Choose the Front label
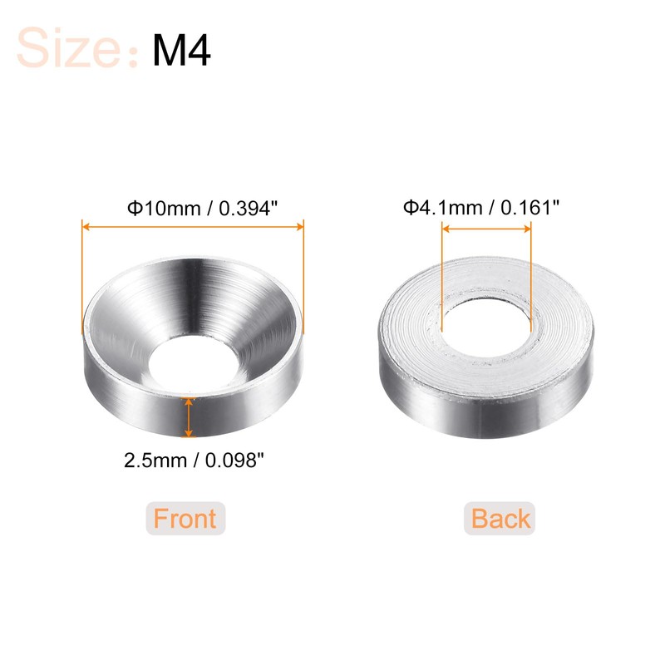(185, 519)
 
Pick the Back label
(500, 519)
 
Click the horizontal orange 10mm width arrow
(192, 223)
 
